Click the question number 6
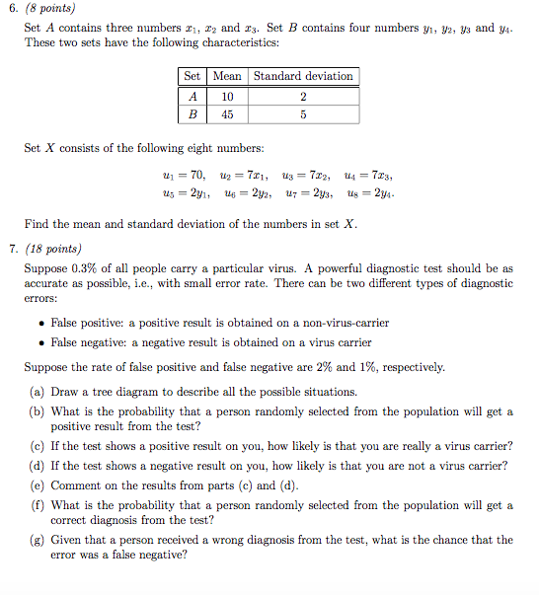click(x=11, y=9)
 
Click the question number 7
click(x=11, y=250)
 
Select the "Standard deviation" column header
click(x=302, y=77)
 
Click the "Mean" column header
click(x=227, y=77)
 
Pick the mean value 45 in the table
click(x=227, y=113)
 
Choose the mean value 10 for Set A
click(x=227, y=96)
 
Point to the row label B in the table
click(x=192, y=113)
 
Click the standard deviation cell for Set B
click(x=302, y=113)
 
